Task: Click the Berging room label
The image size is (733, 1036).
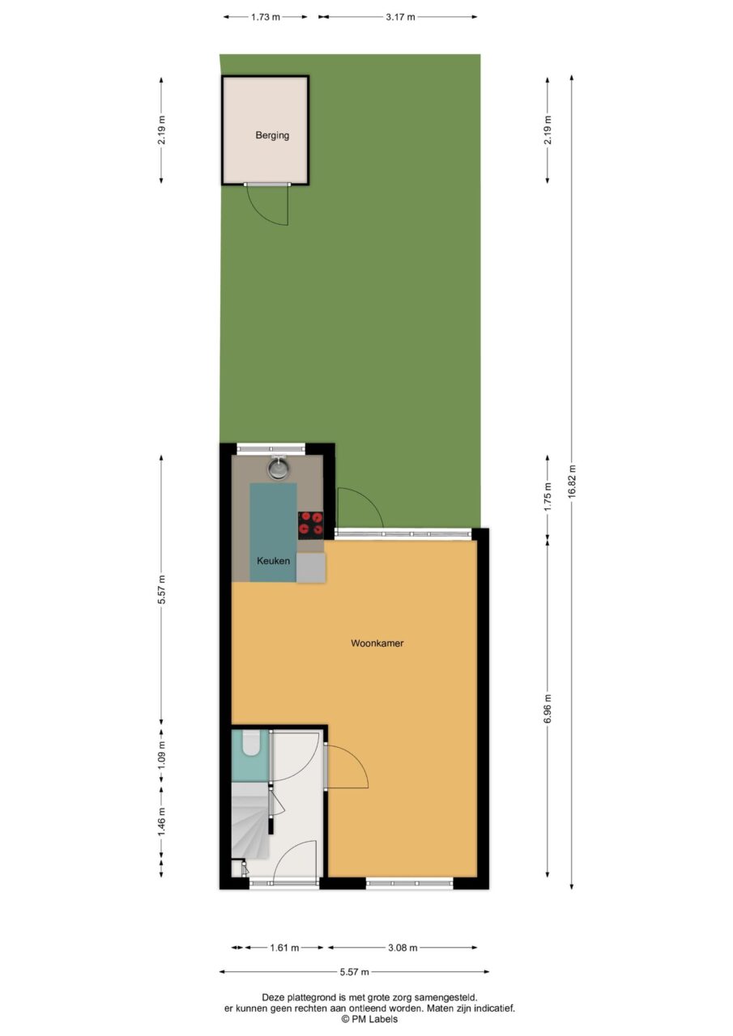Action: point(272,135)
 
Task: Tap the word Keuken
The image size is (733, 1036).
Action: point(274,561)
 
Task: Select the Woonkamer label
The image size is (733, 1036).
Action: point(377,643)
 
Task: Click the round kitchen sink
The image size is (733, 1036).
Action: point(278,469)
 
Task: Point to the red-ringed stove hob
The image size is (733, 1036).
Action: point(310,525)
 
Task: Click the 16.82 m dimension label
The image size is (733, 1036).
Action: point(572,481)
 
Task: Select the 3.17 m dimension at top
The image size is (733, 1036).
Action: point(400,17)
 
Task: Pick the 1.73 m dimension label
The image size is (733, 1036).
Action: point(266,17)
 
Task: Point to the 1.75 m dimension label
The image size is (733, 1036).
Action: point(548,496)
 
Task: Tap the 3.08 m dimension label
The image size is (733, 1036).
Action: point(403,948)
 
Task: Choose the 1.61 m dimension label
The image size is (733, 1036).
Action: point(284,948)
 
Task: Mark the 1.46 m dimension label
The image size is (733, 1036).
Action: point(161,821)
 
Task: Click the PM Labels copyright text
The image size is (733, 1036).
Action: point(369,1019)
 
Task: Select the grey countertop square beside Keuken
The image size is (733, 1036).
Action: point(311,568)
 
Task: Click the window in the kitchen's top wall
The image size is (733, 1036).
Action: point(271,448)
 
